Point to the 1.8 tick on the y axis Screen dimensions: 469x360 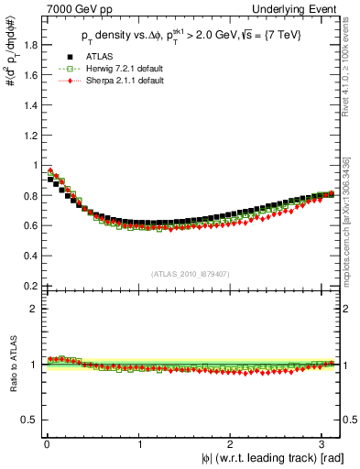pos(26,45)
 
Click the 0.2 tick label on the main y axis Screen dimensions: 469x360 pos(26,286)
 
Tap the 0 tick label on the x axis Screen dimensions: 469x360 pos(47,444)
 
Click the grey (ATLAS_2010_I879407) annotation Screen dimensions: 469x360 pos(190,274)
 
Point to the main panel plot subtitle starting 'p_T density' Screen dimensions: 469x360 pos(190,37)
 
